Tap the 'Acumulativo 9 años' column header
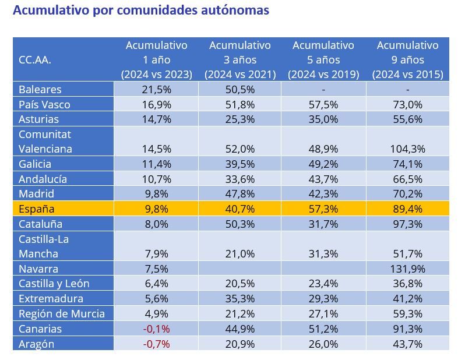[407, 59]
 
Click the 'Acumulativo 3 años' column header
[239, 59]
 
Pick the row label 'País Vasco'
[44, 104]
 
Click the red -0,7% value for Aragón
[156, 344]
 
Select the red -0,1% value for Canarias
[156, 329]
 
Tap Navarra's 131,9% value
[407, 269]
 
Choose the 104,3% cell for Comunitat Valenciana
[407, 149]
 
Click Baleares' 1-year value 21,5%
[156, 90]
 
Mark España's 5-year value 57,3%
[323, 209]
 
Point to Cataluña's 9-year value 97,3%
[407, 224]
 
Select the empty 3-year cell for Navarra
[239, 269]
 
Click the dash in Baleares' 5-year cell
[323, 90]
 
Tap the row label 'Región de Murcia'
[62, 313]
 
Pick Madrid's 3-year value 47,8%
[239, 194]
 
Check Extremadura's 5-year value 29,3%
[323, 299]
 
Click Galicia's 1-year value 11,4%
[156, 164]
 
